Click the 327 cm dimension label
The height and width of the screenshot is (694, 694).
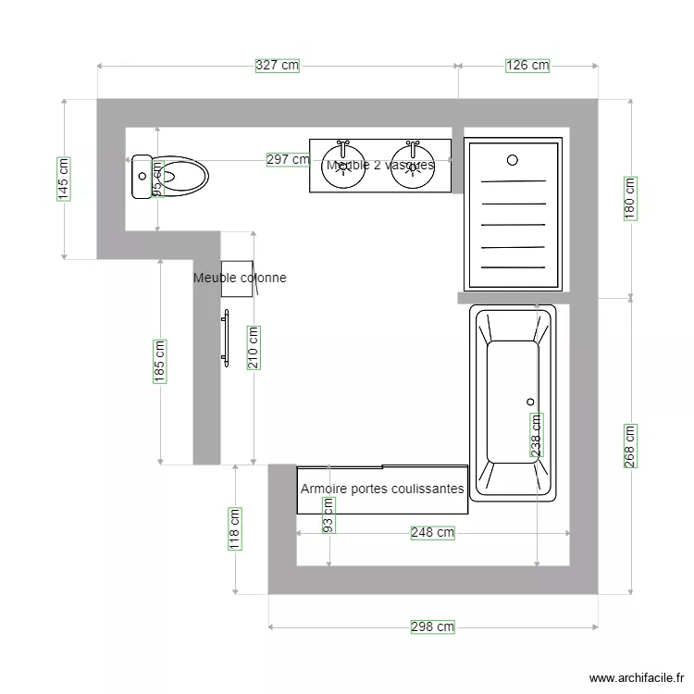tap(278, 66)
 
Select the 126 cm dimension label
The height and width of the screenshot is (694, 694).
tap(527, 66)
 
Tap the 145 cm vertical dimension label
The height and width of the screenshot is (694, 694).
tap(63, 179)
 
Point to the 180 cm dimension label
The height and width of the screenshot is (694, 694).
tap(631, 197)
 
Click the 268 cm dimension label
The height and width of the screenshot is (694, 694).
tap(631, 446)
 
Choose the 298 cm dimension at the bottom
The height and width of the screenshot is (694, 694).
tap(432, 626)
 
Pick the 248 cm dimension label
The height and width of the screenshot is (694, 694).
tap(432, 533)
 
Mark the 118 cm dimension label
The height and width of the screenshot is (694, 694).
tap(235, 528)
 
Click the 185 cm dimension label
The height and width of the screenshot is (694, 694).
tap(160, 361)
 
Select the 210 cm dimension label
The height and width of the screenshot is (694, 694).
tap(253, 348)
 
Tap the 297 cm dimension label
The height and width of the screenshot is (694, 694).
tap(288, 159)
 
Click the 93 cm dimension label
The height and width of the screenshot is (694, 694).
tap(328, 514)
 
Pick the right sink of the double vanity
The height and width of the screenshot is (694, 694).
tap(413, 166)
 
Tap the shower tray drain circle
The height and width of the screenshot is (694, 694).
tap(513, 160)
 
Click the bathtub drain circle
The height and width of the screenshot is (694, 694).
tap(531, 402)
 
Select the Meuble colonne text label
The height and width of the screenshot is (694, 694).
tap(240, 278)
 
